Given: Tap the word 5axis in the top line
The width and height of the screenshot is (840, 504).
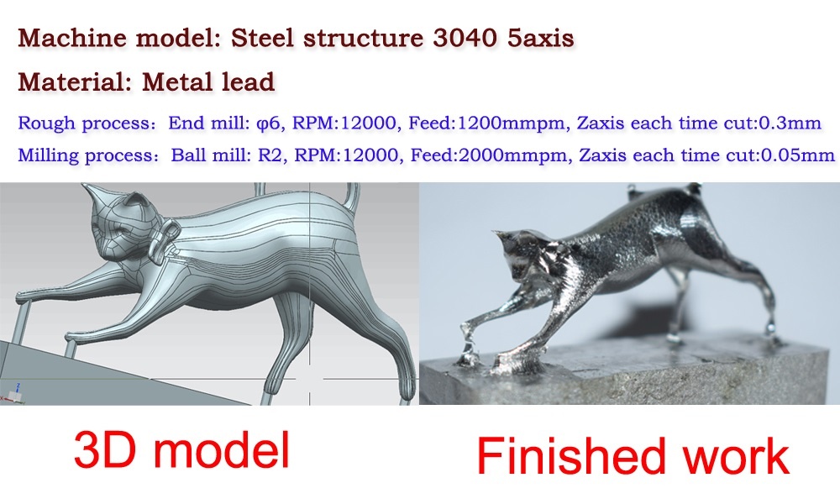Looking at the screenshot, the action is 540,38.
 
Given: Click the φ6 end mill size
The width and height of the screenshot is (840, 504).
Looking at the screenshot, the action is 269,123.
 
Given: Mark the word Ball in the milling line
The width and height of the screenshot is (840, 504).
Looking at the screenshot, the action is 190,155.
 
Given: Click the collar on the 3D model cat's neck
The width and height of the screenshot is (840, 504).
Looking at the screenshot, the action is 164,240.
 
